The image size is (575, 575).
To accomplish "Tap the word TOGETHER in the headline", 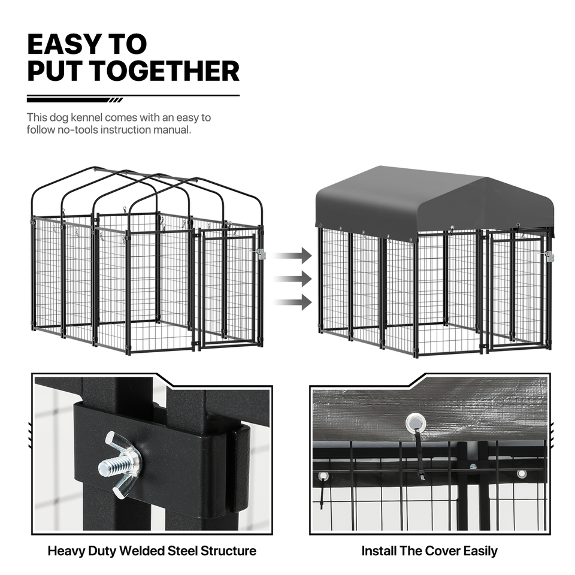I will [x=165, y=71].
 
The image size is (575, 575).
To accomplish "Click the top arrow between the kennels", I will [x=293, y=256].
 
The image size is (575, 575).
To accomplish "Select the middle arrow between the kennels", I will [x=293, y=279].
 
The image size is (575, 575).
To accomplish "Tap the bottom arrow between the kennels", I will [x=293, y=302].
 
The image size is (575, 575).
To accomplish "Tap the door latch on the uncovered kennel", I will [x=261, y=254].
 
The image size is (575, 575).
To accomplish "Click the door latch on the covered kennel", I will [x=549, y=256].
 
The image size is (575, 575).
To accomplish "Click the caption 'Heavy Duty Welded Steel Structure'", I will [x=152, y=551].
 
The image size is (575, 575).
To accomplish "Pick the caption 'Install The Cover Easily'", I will [x=429, y=551].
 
